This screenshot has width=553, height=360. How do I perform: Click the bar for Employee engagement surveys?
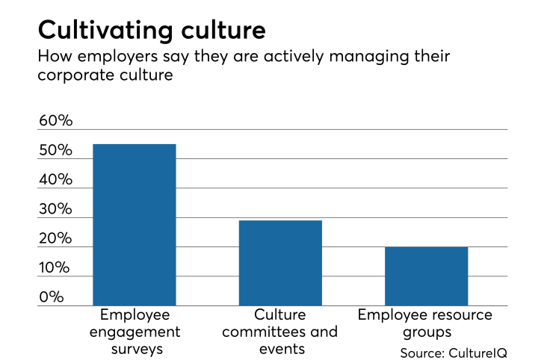coord(134,225)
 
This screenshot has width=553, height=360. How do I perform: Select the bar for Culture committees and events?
coord(280,263)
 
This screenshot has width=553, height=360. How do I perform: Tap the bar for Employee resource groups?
coord(426,276)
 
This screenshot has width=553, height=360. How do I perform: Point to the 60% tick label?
coord(55,121)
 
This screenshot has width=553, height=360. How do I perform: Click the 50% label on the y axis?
coord(55,151)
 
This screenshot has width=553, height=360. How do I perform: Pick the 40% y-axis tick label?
coord(55,180)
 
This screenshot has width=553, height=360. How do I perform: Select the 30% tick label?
coord(55,210)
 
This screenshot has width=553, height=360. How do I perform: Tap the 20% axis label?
coord(55,239)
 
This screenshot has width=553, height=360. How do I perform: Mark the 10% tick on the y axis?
coord(55,268)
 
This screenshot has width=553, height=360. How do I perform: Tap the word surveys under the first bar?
coord(134,349)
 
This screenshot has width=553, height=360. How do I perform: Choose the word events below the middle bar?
coord(280,349)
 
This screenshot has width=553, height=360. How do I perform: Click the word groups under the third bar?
coord(426,332)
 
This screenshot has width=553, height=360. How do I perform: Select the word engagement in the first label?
coord(134,332)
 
